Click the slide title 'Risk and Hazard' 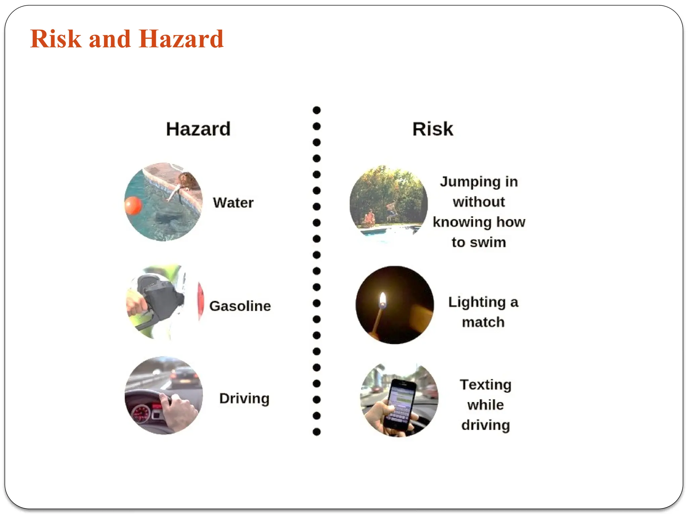(127, 39)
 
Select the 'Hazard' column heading (198, 129)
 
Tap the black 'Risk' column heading (433, 129)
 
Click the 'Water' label (233, 203)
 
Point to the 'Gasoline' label (240, 306)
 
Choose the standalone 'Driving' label (244, 398)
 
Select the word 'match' (483, 322)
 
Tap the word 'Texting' (486, 385)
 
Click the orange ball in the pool (133, 205)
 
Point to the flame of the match (383, 300)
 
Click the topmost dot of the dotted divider (316, 110)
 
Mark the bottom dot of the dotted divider (316, 432)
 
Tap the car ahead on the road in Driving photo (183, 378)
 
